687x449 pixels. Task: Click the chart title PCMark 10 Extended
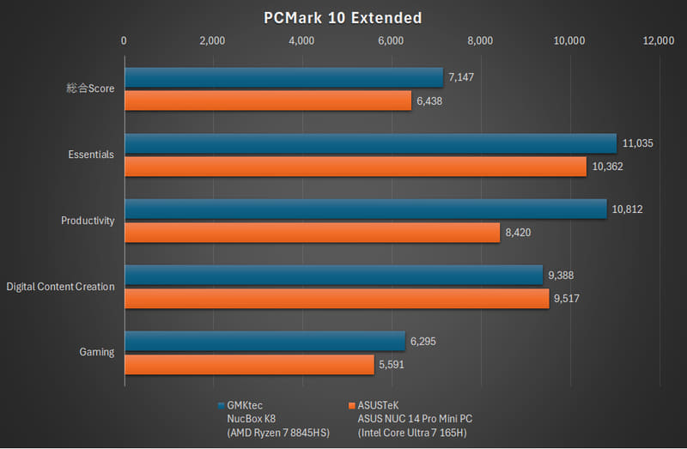click(343, 17)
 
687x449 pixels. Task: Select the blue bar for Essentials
click(370, 143)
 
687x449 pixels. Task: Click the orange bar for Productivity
click(312, 233)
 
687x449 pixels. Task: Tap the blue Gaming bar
click(264, 341)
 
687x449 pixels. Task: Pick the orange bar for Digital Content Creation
click(337, 299)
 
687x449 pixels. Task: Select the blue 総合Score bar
click(283, 77)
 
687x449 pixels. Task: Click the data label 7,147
click(461, 77)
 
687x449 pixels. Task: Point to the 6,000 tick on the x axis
click(391, 40)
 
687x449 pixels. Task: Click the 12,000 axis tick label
click(658, 40)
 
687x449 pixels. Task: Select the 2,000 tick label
click(212, 40)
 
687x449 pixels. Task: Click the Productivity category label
click(88, 221)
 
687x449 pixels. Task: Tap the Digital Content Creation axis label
click(60, 287)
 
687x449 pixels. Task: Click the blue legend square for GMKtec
click(222, 404)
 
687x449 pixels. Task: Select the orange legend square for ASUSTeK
click(351, 404)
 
